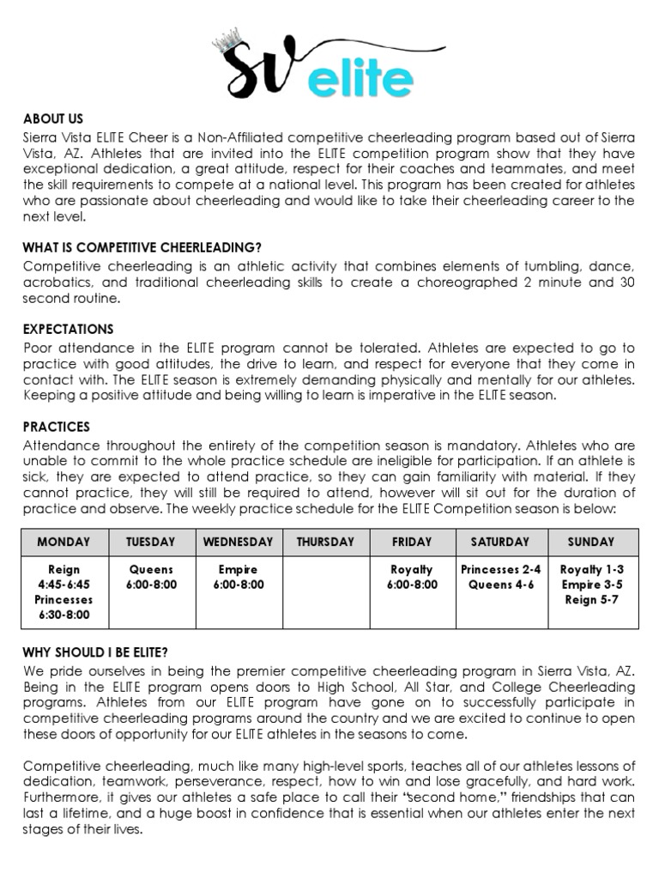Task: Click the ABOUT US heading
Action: click(x=52, y=120)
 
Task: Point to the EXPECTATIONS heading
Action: click(x=68, y=330)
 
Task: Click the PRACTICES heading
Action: click(x=57, y=427)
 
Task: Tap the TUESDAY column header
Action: click(x=151, y=542)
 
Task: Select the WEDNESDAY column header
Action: click(x=237, y=542)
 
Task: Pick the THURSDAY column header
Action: click(x=325, y=542)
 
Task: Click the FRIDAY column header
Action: click(x=412, y=542)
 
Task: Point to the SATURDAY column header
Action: click(x=501, y=542)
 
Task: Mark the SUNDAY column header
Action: click(x=591, y=542)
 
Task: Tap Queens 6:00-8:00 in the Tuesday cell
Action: click(x=151, y=577)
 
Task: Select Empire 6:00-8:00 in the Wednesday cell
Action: click(x=237, y=577)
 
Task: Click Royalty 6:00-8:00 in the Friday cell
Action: click(x=412, y=577)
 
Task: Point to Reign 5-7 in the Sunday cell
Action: click(x=591, y=600)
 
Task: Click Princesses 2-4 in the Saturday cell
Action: click(x=501, y=569)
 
